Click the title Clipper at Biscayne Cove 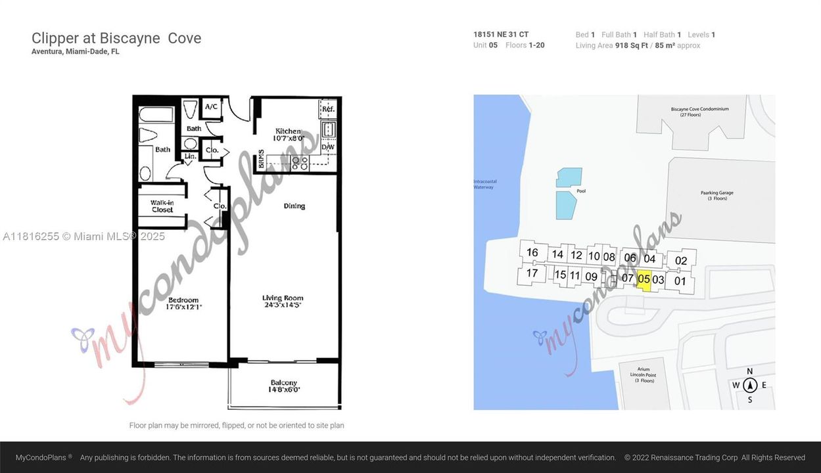(x=116, y=38)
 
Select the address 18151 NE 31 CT (x=500, y=35)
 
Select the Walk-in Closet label (x=162, y=206)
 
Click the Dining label (x=294, y=206)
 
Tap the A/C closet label (x=211, y=107)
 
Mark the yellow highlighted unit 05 (x=644, y=279)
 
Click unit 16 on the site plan (x=532, y=252)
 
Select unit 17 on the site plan (x=532, y=273)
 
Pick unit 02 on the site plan (x=681, y=260)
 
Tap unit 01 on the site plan (x=680, y=281)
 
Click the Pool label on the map (x=581, y=191)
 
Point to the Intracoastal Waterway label (x=483, y=185)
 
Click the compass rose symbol (x=750, y=386)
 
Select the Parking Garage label (x=716, y=195)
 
